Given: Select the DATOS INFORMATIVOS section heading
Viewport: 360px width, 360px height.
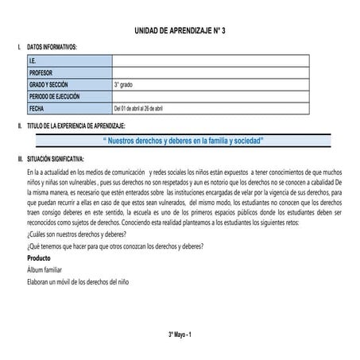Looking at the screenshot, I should (x=52, y=48).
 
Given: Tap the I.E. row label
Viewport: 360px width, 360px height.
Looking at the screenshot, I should (x=33, y=60).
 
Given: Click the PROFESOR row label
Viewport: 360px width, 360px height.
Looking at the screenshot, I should (x=41, y=72).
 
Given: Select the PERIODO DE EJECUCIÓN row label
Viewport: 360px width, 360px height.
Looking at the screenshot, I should (x=55, y=96).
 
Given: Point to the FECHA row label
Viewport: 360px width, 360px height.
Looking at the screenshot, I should (x=37, y=108).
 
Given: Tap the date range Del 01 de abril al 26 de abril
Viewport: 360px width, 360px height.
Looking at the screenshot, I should (x=149, y=108).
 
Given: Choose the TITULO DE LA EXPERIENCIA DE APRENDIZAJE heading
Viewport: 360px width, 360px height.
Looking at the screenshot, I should (x=76, y=126).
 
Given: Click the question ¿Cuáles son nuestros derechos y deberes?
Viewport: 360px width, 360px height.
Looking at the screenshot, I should (x=75, y=236).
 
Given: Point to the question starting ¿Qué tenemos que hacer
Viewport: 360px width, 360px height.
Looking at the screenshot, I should (x=114, y=247).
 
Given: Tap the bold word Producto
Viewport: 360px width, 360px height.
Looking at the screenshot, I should (x=39, y=259).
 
